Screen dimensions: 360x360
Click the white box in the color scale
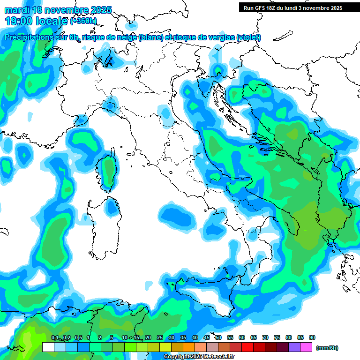point(48,347)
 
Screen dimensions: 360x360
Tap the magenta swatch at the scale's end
point(306,347)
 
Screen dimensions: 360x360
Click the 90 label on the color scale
point(312,337)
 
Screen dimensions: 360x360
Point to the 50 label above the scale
point(218,337)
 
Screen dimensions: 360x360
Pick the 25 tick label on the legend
point(160,337)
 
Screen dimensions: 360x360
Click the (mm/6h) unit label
point(327,348)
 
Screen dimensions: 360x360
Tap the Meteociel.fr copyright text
point(199,357)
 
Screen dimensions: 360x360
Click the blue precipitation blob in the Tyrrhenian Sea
point(177,216)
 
